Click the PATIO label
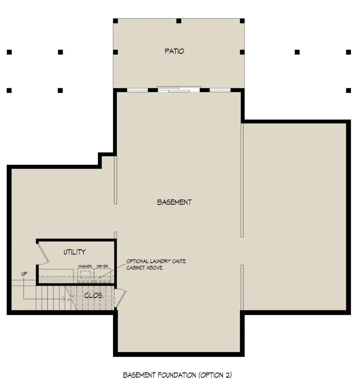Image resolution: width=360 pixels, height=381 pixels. pyautogui.click(x=174, y=51)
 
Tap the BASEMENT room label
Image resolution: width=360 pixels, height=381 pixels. pyautogui.click(x=174, y=202)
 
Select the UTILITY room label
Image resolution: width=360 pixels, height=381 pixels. pyautogui.click(x=74, y=252)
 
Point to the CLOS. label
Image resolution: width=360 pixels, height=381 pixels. pyautogui.click(x=94, y=296)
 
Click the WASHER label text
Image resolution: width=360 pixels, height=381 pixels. pyautogui.click(x=85, y=266)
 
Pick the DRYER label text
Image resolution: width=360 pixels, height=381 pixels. pyautogui.click(x=103, y=266)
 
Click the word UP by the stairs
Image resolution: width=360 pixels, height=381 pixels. pyautogui.click(x=24, y=274)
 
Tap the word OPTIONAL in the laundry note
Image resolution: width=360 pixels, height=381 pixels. pyautogui.click(x=137, y=261)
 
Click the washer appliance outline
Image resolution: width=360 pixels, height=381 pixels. pyautogui.click(x=85, y=275)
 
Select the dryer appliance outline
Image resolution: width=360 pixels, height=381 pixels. pyautogui.click(x=103, y=275)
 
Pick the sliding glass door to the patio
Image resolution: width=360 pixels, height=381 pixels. pyautogui.click(x=179, y=89)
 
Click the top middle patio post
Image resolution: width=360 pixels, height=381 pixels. pyautogui.click(x=179, y=21)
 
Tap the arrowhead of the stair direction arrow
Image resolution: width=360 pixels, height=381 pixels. pyautogui.click(x=64, y=299)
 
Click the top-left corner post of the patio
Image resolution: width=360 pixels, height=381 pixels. pyautogui.click(x=115, y=21)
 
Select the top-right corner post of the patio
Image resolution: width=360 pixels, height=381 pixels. pyautogui.click(x=242, y=21)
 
